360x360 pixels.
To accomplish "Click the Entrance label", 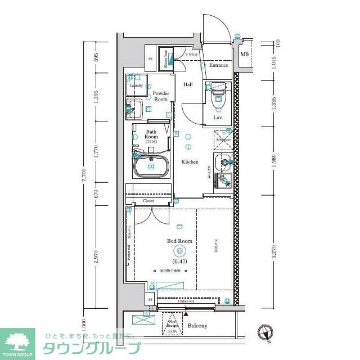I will click(x=218, y=65).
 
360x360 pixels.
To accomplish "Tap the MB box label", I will click(x=244, y=55).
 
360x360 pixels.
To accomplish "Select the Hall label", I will click(x=188, y=84).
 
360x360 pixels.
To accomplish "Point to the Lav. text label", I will click(x=218, y=118).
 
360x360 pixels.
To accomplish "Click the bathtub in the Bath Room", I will click(x=151, y=166).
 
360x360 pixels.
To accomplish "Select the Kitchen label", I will click(x=190, y=162).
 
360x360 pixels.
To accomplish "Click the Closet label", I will click(x=148, y=200).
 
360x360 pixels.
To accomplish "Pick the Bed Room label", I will click(x=179, y=241).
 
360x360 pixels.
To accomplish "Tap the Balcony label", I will click(x=197, y=326).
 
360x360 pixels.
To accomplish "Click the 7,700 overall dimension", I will click(x=85, y=175).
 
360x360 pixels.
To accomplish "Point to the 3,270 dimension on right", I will click(x=274, y=251).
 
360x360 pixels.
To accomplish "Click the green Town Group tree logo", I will click(x=17, y=341).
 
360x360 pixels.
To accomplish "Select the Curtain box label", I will click(x=186, y=302).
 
